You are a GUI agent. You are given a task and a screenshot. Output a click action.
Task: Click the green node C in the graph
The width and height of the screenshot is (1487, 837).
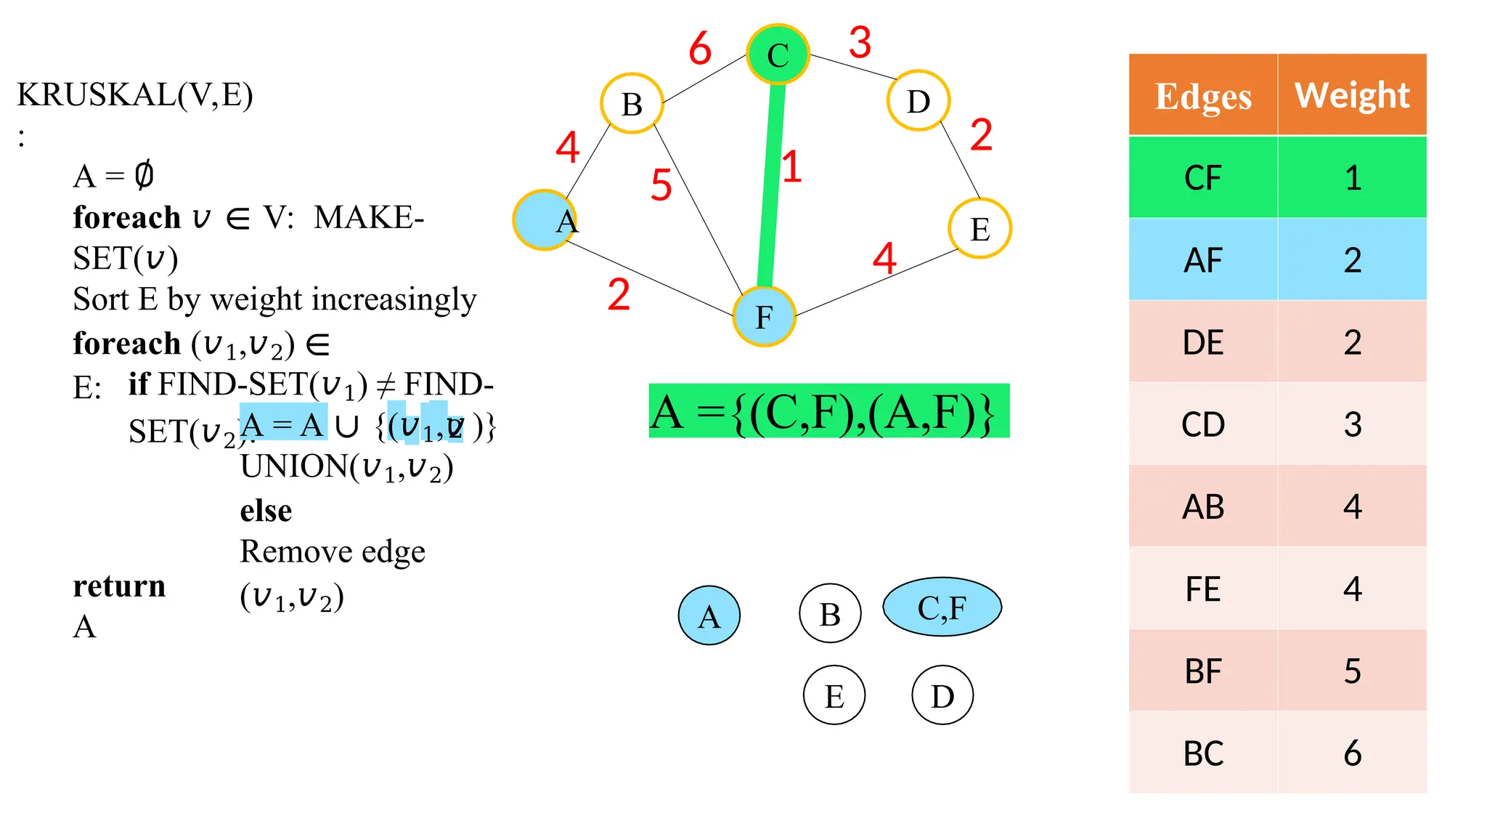(778, 54)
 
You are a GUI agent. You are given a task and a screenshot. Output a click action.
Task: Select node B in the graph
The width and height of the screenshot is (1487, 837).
(632, 104)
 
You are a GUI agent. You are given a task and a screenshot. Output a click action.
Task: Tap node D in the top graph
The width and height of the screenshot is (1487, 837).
(918, 101)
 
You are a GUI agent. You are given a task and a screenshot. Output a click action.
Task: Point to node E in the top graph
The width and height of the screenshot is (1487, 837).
(980, 229)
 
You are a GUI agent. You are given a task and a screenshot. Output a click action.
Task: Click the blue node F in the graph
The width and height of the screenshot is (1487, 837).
(764, 317)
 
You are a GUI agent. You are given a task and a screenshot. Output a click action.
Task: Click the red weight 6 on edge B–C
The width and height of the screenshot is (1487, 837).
(700, 49)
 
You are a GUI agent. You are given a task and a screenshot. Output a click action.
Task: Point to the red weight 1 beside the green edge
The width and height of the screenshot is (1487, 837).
(791, 166)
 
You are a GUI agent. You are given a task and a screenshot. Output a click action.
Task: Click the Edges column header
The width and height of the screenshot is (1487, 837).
(1203, 96)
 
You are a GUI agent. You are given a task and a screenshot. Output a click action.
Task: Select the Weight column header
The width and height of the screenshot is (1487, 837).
(1352, 95)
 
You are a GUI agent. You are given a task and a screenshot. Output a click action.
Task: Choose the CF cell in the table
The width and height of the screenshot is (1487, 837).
(1203, 178)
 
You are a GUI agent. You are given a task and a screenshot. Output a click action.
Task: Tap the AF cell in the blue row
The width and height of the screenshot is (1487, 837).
(1203, 260)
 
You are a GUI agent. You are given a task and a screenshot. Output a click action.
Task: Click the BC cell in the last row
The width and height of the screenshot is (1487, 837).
(1203, 753)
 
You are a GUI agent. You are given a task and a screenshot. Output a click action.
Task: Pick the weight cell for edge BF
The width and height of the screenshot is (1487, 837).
(1352, 671)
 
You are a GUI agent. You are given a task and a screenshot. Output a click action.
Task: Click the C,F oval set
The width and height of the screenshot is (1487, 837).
(942, 607)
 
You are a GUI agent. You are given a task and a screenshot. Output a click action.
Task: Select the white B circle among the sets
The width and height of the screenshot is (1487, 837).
(830, 614)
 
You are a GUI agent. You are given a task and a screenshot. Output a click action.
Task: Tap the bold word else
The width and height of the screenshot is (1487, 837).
(266, 511)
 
